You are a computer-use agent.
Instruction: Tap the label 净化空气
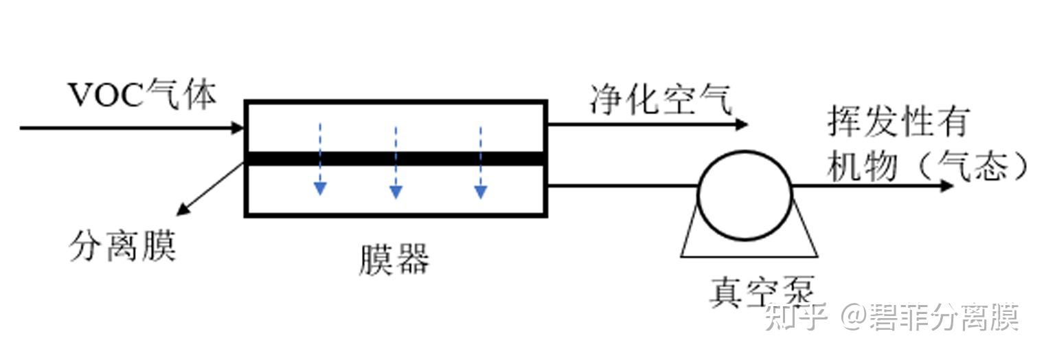tap(661, 100)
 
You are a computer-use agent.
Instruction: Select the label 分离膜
tap(123, 246)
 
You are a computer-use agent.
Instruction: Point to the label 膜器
tap(394, 260)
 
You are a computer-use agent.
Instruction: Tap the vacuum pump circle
tap(744, 196)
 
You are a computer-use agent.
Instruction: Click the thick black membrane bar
tap(396, 159)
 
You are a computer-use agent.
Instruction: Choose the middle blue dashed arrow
tap(396, 162)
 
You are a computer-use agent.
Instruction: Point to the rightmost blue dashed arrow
tap(480, 162)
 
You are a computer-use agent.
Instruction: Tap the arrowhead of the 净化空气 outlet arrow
tap(741, 124)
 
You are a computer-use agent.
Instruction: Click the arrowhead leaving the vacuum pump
tap(947, 185)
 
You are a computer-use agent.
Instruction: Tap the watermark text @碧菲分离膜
tap(931, 317)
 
